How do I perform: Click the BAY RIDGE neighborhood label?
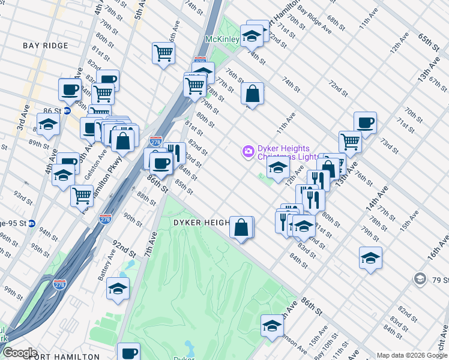44,46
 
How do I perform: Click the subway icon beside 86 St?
67,111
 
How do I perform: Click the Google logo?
19,353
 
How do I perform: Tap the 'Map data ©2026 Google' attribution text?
412,355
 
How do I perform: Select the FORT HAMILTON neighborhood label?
62,356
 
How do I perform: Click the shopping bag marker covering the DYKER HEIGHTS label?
241,228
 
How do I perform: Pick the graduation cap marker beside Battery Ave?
118,287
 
